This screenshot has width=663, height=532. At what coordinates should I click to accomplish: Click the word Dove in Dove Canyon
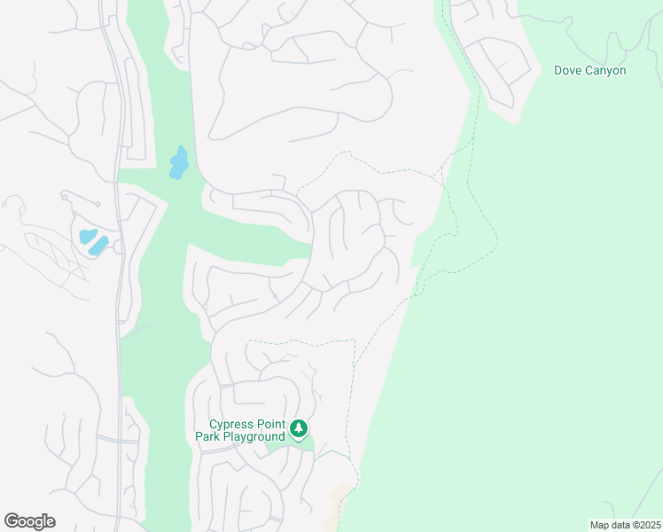pyautogui.click(x=569, y=70)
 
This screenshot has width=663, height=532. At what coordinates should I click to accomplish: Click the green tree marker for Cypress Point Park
pyautogui.click(x=300, y=429)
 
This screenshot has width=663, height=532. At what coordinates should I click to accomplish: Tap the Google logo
pyautogui.click(x=30, y=521)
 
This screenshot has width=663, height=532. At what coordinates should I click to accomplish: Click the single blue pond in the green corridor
pyautogui.click(x=179, y=163)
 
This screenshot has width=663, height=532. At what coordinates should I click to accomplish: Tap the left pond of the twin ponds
pyautogui.click(x=87, y=236)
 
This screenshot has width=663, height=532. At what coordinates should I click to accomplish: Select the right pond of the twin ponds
pyautogui.click(x=98, y=245)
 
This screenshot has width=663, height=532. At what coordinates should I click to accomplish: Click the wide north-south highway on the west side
pyautogui.click(x=118, y=266)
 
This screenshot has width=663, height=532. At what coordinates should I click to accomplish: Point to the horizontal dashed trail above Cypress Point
pyautogui.click(x=301, y=340)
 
